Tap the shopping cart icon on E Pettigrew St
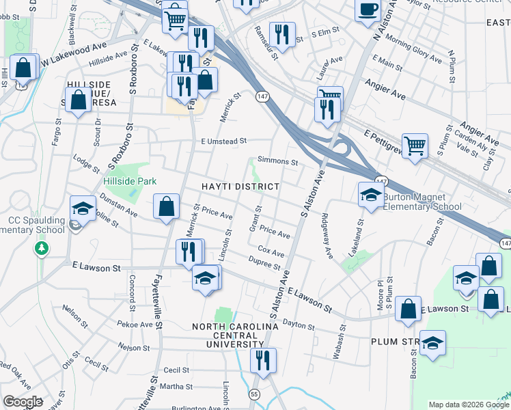click(x=415, y=146)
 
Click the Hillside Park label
click(x=130, y=181)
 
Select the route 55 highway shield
click(x=254, y=394)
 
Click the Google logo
click(x=23, y=402)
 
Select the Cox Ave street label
click(x=271, y=252)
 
